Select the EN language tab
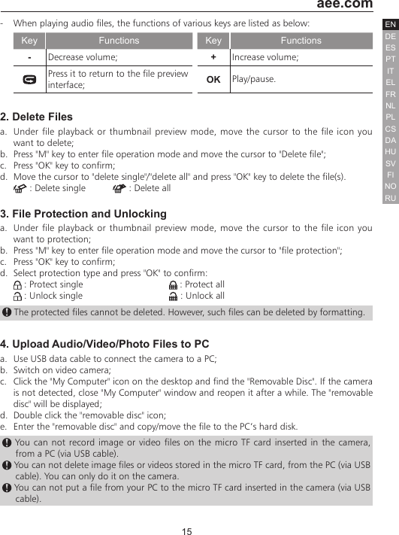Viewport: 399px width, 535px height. tap(390, 26)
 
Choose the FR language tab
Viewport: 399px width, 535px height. tap(390, 95)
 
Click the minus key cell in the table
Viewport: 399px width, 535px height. tap(29, 57)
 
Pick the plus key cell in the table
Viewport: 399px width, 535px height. tap(213, 57)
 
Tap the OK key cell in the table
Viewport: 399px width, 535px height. tap(213, 79)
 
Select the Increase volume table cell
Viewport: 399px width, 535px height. tap(300, 57)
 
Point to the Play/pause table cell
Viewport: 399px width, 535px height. tap(300, 79)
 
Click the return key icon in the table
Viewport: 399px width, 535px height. tap(29, 79)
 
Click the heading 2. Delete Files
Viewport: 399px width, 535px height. tap(37, 117)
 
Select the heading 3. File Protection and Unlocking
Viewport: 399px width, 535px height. tap(83, 214)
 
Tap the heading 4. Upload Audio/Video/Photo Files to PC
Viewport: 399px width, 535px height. tap(104, 345)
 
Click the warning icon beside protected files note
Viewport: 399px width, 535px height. tap(7, 312)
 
